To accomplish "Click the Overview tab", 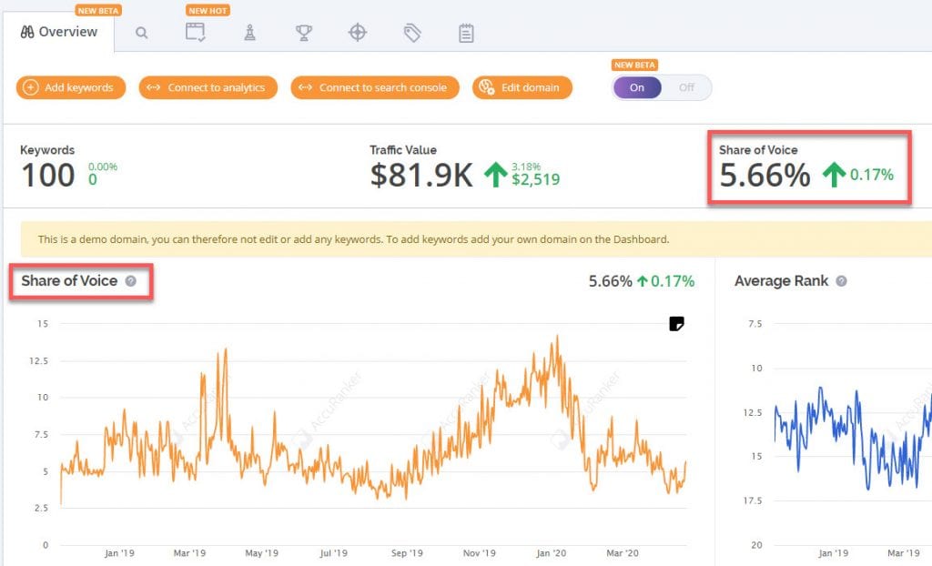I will click(58, 32).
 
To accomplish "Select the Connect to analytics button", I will click(208, 87).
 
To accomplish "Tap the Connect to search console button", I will click(375, 87).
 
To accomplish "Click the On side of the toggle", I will click(637, 87).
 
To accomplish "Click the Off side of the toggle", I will click(686, 87).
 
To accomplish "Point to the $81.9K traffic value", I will click(421, 175).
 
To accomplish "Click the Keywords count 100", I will click(47, 175).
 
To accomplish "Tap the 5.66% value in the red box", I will click(765, 175).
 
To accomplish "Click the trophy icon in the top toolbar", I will click(303, 33).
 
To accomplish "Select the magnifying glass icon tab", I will click(141, 33).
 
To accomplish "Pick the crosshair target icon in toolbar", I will click(358, 33).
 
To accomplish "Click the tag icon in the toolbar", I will click(412, 33).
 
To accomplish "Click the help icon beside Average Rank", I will click(841, 281).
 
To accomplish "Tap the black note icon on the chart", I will click(676, 324).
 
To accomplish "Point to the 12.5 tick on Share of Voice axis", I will click(37, 360).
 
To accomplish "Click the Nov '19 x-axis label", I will click(479, 552).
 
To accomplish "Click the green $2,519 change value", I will click(536, 179).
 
